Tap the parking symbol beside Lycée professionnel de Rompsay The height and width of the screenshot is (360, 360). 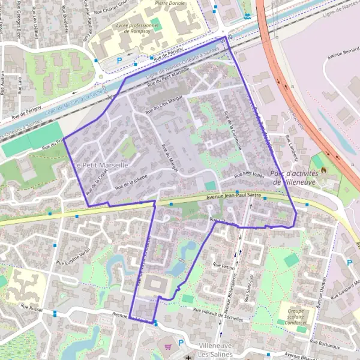coord(119,61)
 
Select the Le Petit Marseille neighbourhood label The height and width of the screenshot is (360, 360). coord(101,164)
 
